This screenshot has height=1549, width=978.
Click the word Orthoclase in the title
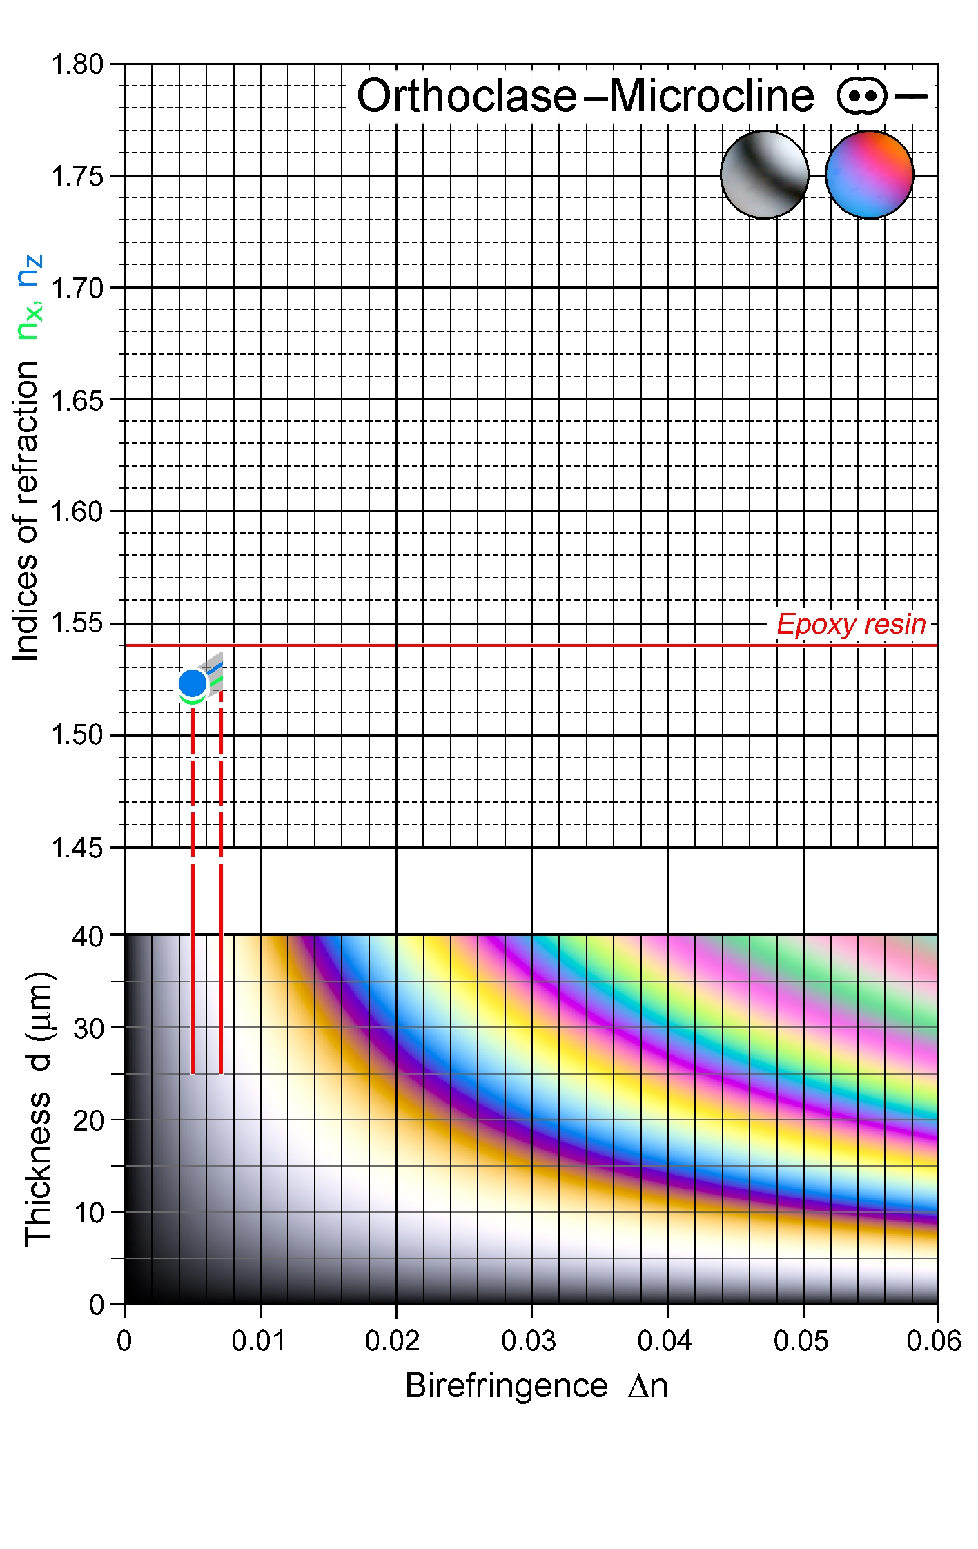tap(467, 96)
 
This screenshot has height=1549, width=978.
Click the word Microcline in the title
tap(712, 96)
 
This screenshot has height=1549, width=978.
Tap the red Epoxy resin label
tap(851, 625)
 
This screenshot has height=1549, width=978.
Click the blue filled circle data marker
tap(193, 683)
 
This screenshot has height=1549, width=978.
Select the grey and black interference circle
tap(764, 175)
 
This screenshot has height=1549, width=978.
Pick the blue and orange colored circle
tap(869, 175)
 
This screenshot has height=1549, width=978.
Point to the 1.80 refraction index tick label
tap(77, 64)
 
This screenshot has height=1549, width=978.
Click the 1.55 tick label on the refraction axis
tap(77, 623)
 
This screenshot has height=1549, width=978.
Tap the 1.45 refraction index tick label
tap(77, 848)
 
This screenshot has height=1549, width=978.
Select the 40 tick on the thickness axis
tap(88, 937)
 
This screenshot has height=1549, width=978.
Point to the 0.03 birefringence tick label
tap(529, 1341)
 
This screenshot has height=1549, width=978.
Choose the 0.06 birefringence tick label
tap(933, 1341)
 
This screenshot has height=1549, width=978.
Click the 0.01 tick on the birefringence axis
tap(258, 1341)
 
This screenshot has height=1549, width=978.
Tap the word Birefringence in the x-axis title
tap(506, 1385)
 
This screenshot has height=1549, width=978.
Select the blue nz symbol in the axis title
tap(30, 271)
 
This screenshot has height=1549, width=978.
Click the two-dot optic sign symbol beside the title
tap(861, 96)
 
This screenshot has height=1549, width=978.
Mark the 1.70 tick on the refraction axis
tap(77, 288)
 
